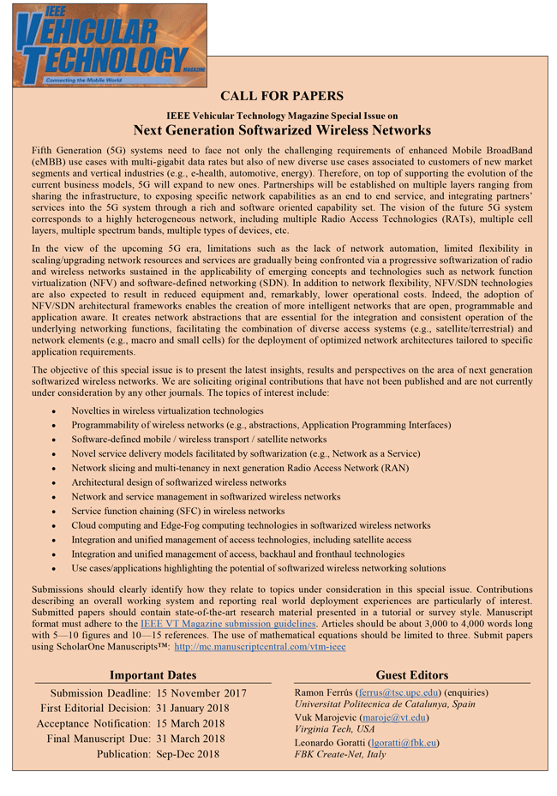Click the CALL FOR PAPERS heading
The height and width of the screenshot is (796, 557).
coord(282,95)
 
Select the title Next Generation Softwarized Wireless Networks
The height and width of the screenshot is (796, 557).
coord(282,130)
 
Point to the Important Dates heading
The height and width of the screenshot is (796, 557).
coord(153,675)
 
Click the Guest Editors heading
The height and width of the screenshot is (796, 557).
coord(411,675)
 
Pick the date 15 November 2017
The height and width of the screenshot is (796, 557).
coord(201,693)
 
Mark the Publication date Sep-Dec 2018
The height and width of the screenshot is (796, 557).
coord(188,755)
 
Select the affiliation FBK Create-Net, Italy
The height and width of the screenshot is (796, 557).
coord(340,755)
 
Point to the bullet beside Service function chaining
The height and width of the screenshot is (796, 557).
coord(54,512)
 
